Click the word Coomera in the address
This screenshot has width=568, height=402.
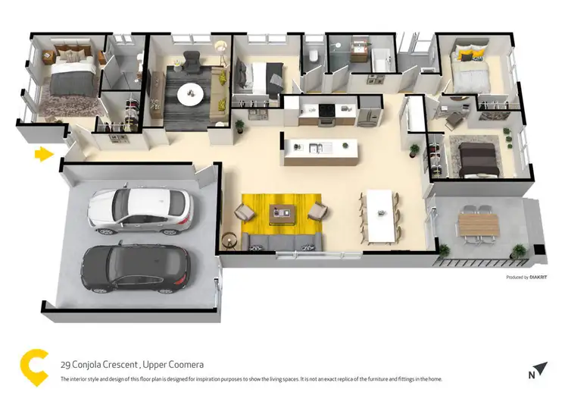coord(186,364)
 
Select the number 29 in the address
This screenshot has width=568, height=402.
coord(65,364)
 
